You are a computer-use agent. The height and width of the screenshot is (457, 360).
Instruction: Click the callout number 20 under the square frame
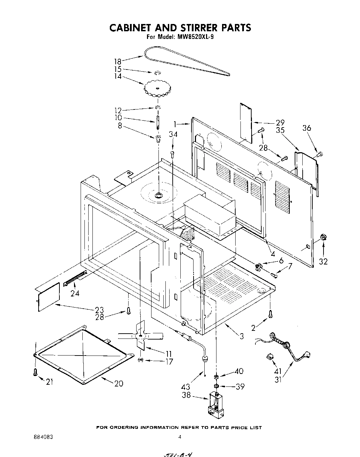(118, 383)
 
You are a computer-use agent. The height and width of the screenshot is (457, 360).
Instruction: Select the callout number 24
(75, 293)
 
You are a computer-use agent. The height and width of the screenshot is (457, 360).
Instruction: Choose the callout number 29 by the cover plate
(280, 123)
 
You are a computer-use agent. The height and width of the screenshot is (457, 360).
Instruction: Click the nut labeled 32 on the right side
(324, 237)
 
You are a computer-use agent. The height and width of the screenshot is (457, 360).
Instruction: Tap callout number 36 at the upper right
(307, 128)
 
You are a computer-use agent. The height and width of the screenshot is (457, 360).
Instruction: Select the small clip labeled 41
(270, 356)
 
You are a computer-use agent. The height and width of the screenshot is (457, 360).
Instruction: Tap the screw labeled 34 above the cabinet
(172, 153)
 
